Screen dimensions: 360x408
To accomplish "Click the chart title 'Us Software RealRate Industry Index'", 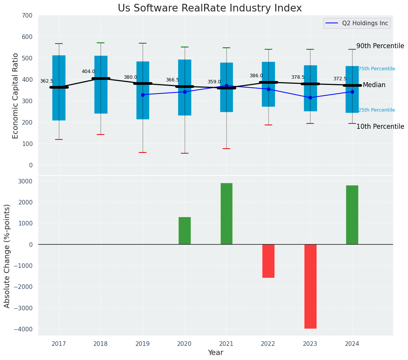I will click(x=210, y=8).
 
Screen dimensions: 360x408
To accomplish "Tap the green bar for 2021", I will click(x=226, y=214).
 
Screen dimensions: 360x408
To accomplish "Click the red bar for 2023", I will click(x=310, y=286).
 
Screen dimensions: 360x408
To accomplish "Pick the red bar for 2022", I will click(x=268, y=261).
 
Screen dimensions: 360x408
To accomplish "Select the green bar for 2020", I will click(x=185, y=231).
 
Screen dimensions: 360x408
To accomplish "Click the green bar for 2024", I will click(x=352, y=215).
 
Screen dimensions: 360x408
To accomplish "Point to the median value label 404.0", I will click(x=88, y=71).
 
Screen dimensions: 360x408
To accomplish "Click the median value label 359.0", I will click(x=214, y=82).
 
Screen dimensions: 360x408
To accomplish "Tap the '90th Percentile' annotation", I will click(x=380, y=46).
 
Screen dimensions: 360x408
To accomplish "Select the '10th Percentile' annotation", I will click(x=380, y=126).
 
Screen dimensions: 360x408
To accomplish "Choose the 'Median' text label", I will click(x=374, y=85).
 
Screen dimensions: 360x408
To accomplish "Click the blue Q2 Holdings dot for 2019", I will click(x=143, y=95).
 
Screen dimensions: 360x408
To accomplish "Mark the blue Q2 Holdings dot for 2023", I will click(x=310, y=97).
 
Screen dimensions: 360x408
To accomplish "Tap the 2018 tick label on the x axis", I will click(x=101, y=344).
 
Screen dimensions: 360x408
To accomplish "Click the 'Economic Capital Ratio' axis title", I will click(x=16, y=96).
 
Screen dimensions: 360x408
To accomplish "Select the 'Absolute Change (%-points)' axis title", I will click(x=7, y=256).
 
